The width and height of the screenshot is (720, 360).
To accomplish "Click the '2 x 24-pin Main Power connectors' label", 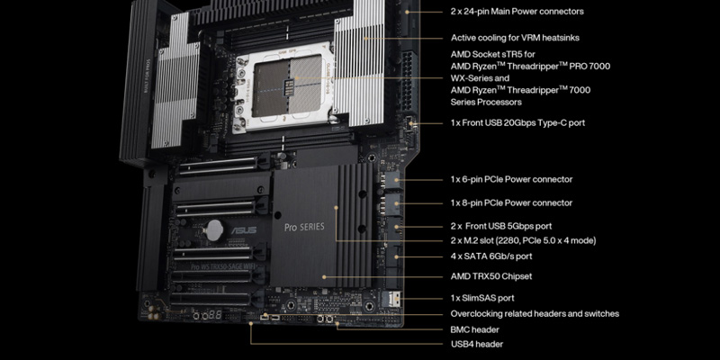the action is (x=517, y=11).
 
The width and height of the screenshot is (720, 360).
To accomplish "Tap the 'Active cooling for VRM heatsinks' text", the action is (x=515, y=38).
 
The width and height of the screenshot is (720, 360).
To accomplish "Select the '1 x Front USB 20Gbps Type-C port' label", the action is (x=517, y=122).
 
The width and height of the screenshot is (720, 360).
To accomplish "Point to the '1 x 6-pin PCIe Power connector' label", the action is (x=511, y=179).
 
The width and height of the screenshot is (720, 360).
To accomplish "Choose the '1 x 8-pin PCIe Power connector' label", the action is (x=511, y=202).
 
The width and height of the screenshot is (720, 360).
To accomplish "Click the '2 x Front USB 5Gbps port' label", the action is (x=501, y=226).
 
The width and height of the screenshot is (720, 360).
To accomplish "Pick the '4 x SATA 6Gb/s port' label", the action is (x=491, y=256).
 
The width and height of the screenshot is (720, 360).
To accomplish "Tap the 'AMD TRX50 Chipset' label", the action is (x=491, y=276).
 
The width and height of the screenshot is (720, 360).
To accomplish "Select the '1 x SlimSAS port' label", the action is (x=482, y=298).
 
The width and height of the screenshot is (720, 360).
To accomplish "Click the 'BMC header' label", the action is (x=475, y=329).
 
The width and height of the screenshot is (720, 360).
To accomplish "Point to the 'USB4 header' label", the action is (x=477, y=344).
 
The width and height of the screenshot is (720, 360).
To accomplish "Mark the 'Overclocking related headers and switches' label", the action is (x=535, y=313).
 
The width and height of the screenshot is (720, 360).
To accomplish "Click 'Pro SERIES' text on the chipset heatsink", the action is (x=304, y=227).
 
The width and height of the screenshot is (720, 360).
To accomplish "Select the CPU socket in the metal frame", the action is (x=286, y=85).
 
